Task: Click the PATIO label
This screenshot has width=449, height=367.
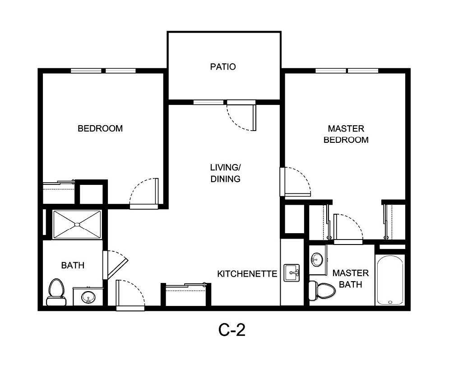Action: (x=223, y=67)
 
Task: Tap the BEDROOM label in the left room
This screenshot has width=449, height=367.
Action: (x=100, y=128)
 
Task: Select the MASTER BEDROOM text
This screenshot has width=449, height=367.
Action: (x=346, y=134)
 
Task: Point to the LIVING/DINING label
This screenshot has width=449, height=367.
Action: (x=225, y=173)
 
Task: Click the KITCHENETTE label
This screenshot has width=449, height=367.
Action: (x=247, y=274)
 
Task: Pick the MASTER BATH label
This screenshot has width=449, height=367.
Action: (x=350, y=279)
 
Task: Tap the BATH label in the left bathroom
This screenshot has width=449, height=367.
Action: (x=73, y=265)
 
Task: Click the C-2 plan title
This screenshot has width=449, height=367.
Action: (x=232, y=331)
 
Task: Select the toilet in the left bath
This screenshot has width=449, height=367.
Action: (x=55, y=292)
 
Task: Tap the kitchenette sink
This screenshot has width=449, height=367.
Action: (x=292, y=273)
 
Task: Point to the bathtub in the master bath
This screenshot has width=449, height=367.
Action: (x=389, y=280)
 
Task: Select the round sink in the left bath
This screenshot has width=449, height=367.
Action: (x=88, y=297)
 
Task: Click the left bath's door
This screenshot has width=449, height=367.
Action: (x=116, y=264)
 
